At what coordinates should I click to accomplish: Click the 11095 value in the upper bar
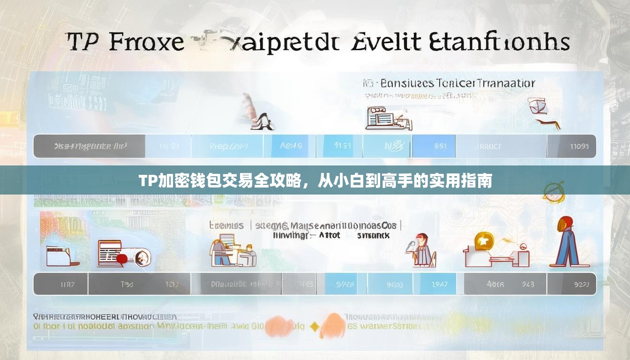579,146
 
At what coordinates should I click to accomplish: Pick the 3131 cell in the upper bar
342,146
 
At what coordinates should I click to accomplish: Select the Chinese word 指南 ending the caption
479,180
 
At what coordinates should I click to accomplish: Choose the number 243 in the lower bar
528,284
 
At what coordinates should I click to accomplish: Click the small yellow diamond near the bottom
315,327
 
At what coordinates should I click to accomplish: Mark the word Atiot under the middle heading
329,235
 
